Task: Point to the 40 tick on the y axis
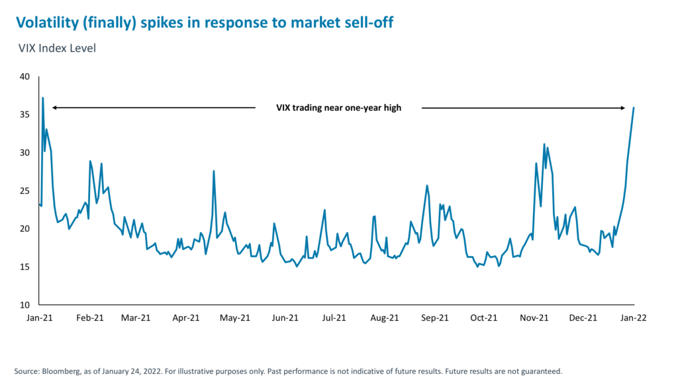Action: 25,77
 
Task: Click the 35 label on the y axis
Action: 25,115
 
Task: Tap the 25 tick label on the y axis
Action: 25,191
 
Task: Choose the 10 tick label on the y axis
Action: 25,305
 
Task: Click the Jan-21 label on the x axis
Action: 40,318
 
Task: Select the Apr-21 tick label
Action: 186,318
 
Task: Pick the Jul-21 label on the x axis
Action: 333,318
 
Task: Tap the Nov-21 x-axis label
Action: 534,318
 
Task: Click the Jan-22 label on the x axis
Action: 634,318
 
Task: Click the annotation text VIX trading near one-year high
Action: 338,108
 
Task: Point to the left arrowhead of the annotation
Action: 54,107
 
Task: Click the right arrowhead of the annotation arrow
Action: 623,107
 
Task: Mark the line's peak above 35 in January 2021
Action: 43,98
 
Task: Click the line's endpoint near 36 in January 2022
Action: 634,107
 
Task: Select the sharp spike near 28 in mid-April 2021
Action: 214,171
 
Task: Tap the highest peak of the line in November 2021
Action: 544,144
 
